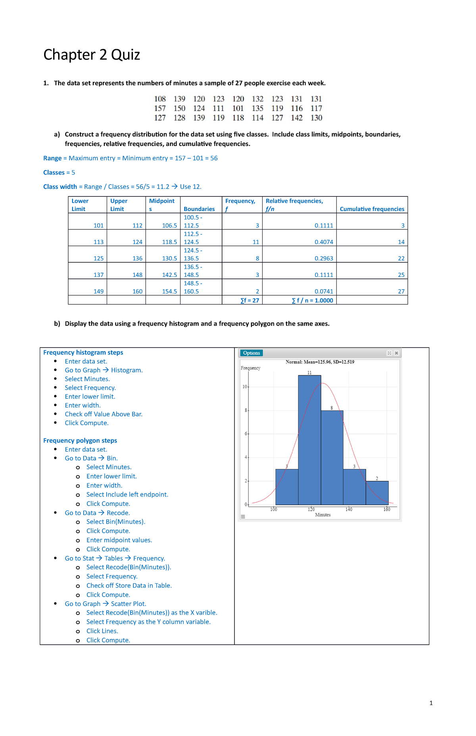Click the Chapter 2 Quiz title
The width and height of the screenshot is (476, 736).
[92, 55]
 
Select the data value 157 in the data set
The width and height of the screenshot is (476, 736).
[160, 108]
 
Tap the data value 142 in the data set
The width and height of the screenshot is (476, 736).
[297, 118]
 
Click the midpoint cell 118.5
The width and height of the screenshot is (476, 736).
[169, 242]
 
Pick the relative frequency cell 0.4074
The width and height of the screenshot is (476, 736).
[324, 242]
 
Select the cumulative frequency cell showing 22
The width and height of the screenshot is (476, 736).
[401, 258]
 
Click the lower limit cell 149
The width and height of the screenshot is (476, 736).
[98, 291]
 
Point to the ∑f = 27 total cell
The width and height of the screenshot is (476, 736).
[250, 300]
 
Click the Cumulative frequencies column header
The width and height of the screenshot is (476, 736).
[372, 209]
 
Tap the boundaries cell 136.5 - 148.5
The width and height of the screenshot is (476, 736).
[193, 271]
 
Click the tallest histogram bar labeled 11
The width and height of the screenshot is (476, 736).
[309, 440]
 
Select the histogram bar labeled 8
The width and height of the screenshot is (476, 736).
[332, 458]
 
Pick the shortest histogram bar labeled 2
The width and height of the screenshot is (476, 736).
[377, 493]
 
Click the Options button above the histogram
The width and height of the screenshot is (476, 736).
[251, 353]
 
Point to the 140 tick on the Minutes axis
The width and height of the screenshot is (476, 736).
[349, 509]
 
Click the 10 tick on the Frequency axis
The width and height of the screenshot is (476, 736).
[245, 387]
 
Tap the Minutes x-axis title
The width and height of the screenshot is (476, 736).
[322, 515]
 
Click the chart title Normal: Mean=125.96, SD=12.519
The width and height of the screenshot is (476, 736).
[320, 362]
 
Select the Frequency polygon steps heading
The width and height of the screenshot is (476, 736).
[80, 440]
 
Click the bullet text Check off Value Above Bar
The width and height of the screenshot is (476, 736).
[104, 414]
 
